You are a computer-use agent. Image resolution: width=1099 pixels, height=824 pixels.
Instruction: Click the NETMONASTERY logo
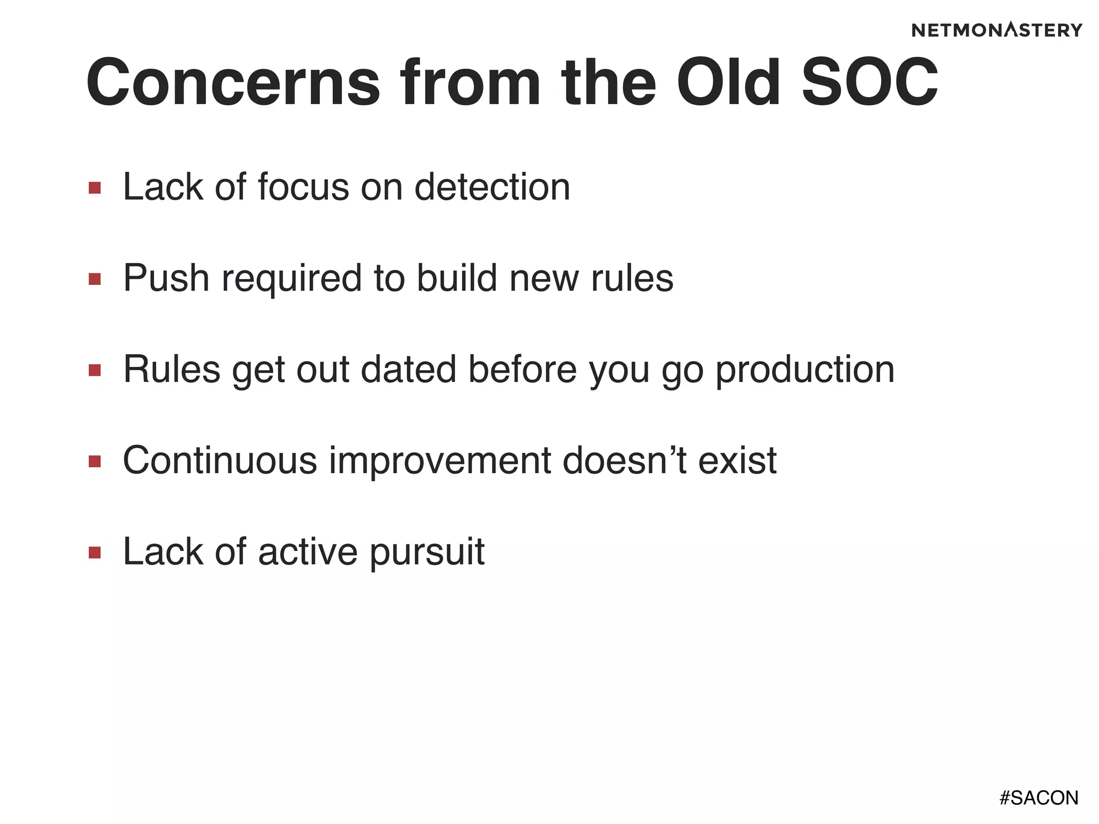point(997,30)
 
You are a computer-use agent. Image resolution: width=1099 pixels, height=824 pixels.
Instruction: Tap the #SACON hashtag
point(1038,798)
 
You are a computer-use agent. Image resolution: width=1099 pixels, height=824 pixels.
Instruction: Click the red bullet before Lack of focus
point(95,188)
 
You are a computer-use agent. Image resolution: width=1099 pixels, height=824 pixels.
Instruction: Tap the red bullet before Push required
point(95,279)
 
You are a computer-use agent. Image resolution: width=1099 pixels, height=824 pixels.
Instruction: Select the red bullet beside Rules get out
point(95,370)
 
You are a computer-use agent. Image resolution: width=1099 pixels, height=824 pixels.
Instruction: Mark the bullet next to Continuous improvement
point(95,461)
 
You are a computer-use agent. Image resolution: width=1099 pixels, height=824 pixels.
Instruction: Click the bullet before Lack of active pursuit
point(95,553)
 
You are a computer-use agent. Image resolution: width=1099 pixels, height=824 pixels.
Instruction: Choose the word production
point(805,370)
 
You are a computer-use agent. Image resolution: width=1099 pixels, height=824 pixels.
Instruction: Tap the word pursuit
point(427,553)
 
